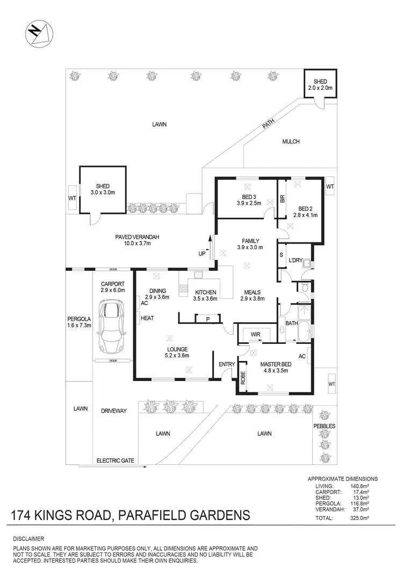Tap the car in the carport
point(112,327)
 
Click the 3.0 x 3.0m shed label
point(103,189)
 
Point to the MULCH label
point(291,142)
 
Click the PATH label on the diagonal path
point(268,125)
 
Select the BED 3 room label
point(248,200)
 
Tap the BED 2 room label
point(305,211)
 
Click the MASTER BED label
point(275,367)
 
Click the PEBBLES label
point(325,426)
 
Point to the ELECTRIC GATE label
point(115,461)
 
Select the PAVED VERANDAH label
point(138,240)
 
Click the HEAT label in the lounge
point(147,318)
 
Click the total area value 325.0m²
point(366,518)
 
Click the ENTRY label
point(227,365)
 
